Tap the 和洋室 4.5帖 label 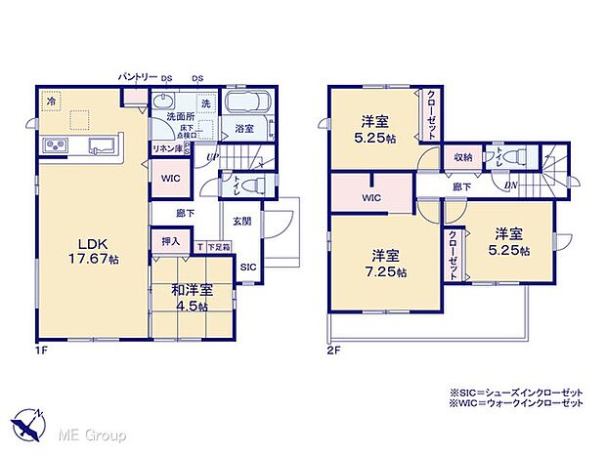coord(191,296)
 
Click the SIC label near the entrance coord(248,266)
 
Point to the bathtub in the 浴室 coord(250,103)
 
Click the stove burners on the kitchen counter coord(55,146)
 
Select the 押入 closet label coord(168,240)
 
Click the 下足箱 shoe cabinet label coord(217,248)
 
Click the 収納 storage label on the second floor coord(462,157)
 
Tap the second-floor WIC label coord(371,197)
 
